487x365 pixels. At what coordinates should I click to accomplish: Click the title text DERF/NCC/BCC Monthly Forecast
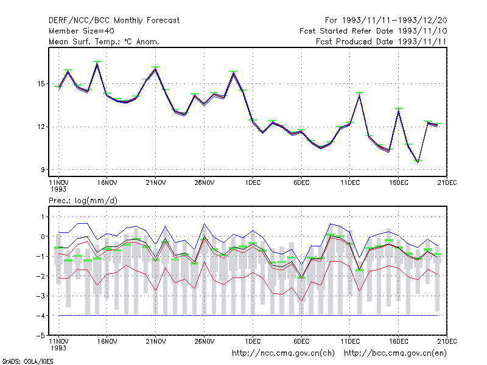(114, 21)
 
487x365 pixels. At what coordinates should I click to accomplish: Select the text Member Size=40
(82, 31)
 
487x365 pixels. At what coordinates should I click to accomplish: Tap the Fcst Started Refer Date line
(373, 31)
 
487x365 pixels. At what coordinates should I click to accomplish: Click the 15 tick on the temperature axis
(41, 84)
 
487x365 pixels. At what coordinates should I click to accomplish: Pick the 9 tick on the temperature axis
(43, 170)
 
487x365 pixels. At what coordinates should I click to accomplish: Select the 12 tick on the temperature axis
(41, 127)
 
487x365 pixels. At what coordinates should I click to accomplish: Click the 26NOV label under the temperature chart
(205, 183)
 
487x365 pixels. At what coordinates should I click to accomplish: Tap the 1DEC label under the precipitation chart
(253, 341)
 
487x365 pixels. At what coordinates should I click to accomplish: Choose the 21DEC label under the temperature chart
(447, 183)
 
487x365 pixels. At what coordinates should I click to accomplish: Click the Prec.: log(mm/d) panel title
(83, 201)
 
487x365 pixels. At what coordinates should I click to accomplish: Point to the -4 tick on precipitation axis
(40, 316)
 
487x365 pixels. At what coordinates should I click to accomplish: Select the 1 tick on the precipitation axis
(43, 217)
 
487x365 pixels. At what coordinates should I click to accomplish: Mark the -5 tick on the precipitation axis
(40, 336)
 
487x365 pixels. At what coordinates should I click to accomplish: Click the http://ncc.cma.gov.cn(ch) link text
(283, 353)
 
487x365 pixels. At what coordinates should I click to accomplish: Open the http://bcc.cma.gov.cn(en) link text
(395, 353)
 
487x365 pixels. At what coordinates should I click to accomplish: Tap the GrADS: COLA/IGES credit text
(27, 361)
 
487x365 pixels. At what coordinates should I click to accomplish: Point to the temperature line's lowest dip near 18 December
(418, 162)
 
